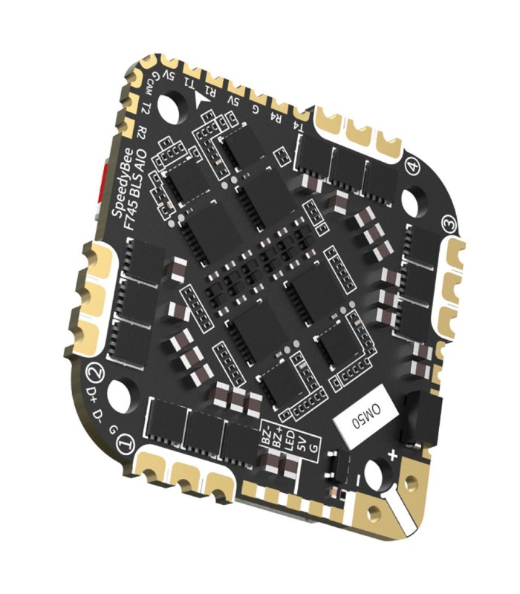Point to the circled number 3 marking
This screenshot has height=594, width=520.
(x=448, y=223)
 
